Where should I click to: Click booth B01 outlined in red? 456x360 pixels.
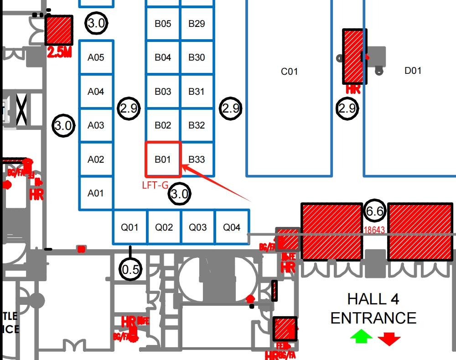pos(163,159)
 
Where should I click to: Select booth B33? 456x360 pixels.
pos(197,159)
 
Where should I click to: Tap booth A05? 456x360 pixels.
pos(96,57)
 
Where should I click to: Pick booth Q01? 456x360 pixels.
pos(130,227)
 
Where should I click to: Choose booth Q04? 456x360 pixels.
pos(232,227)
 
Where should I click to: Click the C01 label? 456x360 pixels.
pos(289,72)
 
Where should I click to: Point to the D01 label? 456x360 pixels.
pos(413,71)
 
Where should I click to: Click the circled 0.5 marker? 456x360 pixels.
pos(130,270)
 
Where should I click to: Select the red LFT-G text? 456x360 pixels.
pos(155,185)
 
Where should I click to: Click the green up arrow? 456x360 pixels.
pos(361,337)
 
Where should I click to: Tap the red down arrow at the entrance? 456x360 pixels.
pos(389,338)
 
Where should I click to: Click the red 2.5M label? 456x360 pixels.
pos(60,53)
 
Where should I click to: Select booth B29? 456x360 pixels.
pos(197,24)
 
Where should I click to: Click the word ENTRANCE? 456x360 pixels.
pos(373,318)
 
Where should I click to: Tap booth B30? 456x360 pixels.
pos(197,57)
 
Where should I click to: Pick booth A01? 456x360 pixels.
pos(96,193)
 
